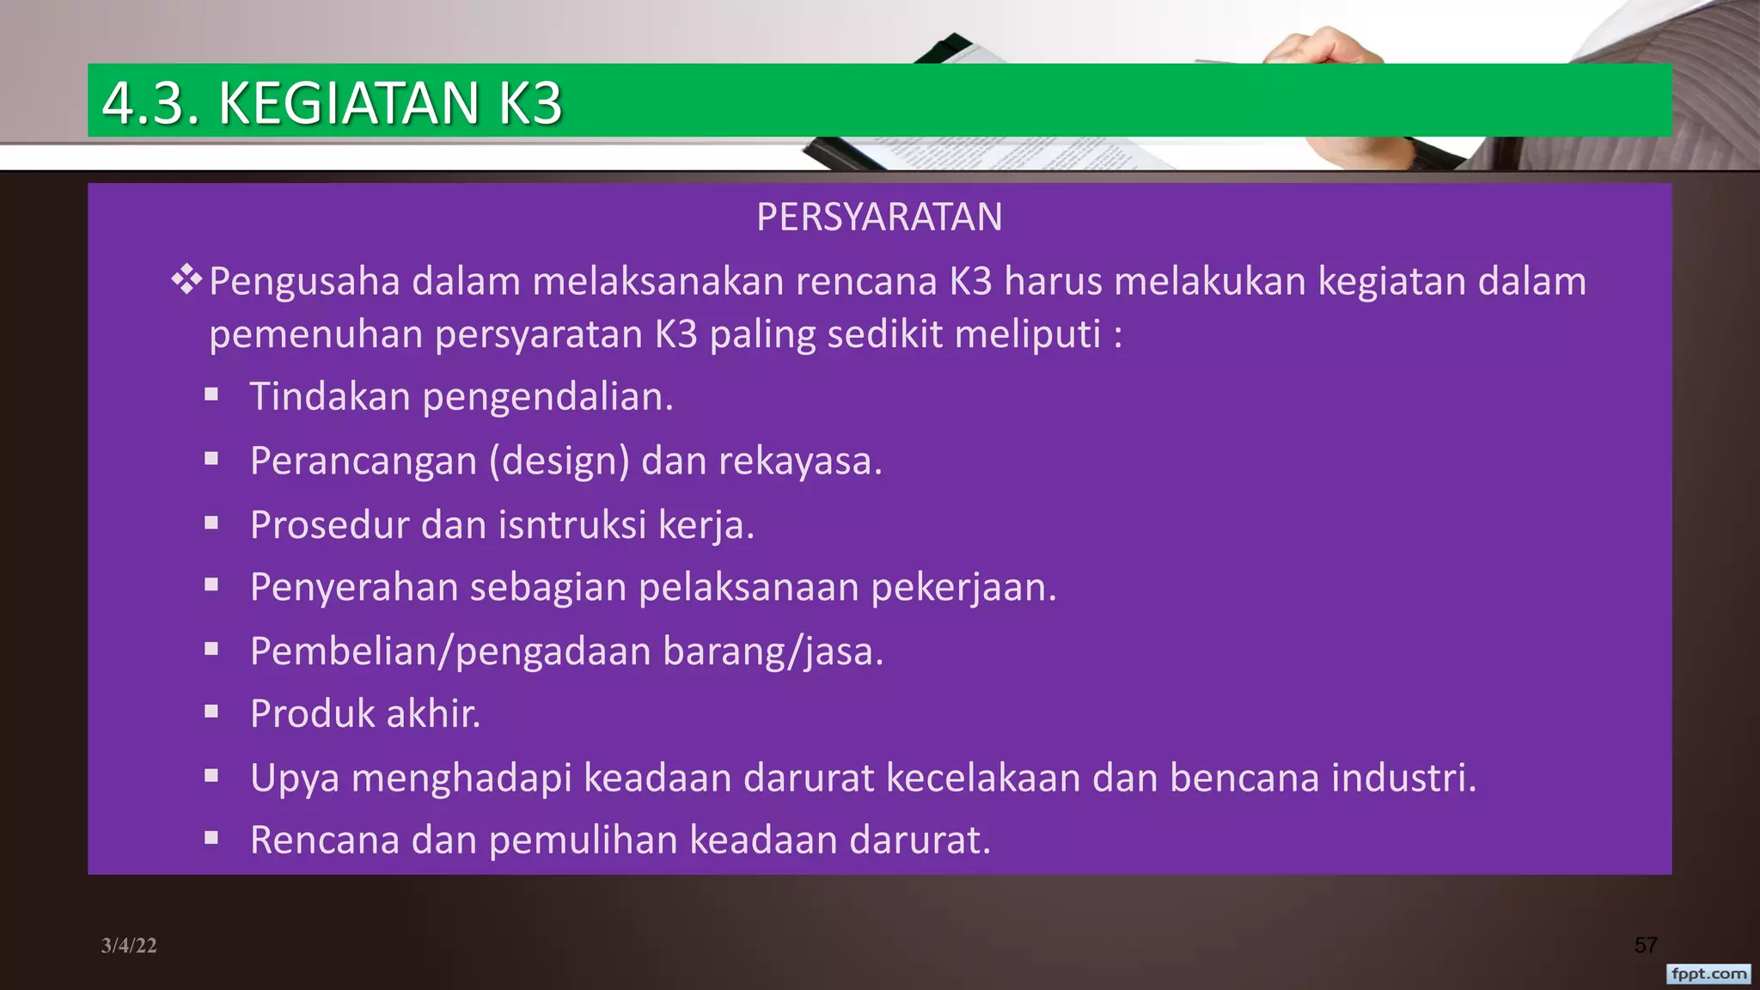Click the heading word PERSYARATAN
pos(879,217)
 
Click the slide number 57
pos(1645,945)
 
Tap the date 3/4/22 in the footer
pos(129,945)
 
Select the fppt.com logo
pos(1708,974)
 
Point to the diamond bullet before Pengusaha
pos(186,280)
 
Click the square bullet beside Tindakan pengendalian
pos(211,395)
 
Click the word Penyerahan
pos(354,588)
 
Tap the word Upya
pos(295,778)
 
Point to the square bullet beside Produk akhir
pos(211,712)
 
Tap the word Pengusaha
pos(304,282)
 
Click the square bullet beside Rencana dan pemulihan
pos(211,838)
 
